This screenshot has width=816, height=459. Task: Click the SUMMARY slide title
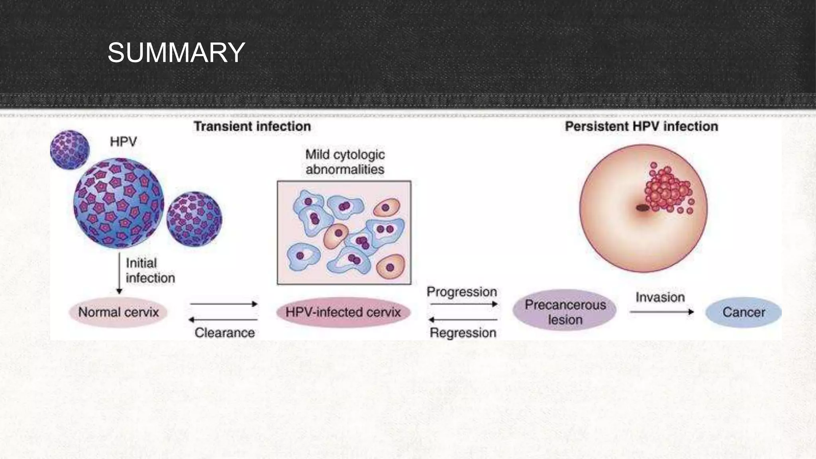coord(176,53)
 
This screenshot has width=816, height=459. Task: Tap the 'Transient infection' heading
coord(252,127)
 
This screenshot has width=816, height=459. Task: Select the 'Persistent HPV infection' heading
coord(641,127)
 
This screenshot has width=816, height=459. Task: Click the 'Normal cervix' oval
coord(118,312)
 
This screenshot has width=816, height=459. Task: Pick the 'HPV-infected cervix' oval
coord(343,312)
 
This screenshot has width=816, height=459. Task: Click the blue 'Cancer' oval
coord(743,312)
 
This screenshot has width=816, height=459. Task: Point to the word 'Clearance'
coord(225,333)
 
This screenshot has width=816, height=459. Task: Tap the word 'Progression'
coord(462,292)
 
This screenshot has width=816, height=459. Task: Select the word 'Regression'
coord(463,333)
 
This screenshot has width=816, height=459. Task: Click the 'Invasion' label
coord(660,297)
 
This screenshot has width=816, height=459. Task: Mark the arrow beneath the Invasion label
coord(661,312)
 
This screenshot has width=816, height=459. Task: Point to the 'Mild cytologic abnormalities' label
coord(345,162)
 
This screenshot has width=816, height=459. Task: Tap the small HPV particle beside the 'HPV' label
coord(70,150)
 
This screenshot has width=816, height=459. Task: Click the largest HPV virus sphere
coord(119,203)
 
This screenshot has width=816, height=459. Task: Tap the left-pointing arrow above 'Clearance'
coord(223,320)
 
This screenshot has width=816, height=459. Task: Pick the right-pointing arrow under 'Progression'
coord(464,304)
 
